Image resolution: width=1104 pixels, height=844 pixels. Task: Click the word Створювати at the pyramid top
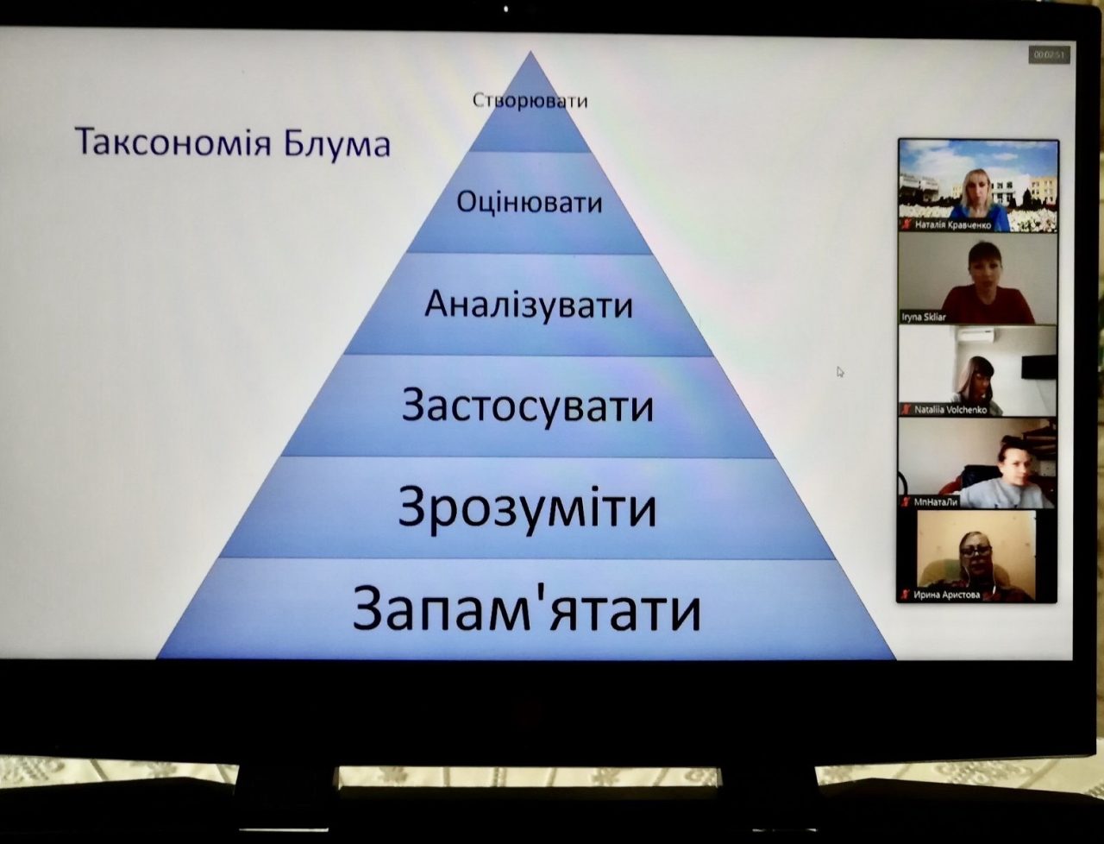click(530, 101)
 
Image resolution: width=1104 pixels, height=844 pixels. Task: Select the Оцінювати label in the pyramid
click(530, 203)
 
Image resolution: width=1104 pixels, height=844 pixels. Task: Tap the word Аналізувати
click(529, 305)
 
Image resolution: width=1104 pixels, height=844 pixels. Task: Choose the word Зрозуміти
click(528, 507)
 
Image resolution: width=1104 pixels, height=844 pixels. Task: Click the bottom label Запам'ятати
click(527, 610)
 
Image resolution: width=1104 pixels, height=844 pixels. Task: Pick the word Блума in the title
click(337, 143)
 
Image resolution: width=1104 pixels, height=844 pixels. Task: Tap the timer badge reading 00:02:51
click(1049, 55)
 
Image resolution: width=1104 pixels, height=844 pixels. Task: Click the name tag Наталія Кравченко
click(952, 225)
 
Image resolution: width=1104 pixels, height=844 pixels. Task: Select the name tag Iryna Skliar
click(924, 318)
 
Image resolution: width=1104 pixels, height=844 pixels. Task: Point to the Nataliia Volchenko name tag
click(950, 410)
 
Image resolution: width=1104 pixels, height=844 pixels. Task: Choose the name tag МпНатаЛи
click(936, 501)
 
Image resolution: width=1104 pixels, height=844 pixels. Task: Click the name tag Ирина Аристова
click(946, 595)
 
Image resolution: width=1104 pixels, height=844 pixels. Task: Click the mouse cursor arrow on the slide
click(840, 372)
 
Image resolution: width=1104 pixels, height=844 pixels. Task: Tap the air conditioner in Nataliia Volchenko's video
click(976, 336)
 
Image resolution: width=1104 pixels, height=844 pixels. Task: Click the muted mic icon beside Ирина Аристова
click(906, 595)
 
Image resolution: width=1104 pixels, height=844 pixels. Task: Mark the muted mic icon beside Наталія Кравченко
click(906, 225)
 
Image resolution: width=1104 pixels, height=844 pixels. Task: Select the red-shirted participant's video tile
click(978, 280)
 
